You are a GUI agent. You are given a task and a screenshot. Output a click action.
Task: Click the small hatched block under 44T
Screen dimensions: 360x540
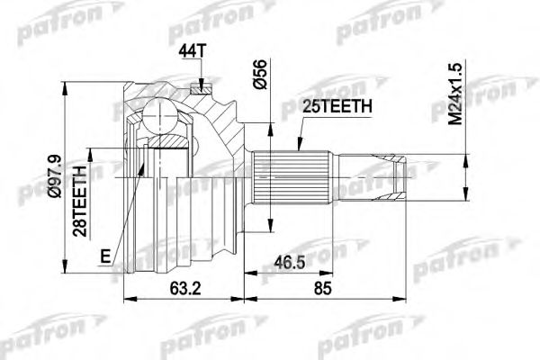coord(201,86)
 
